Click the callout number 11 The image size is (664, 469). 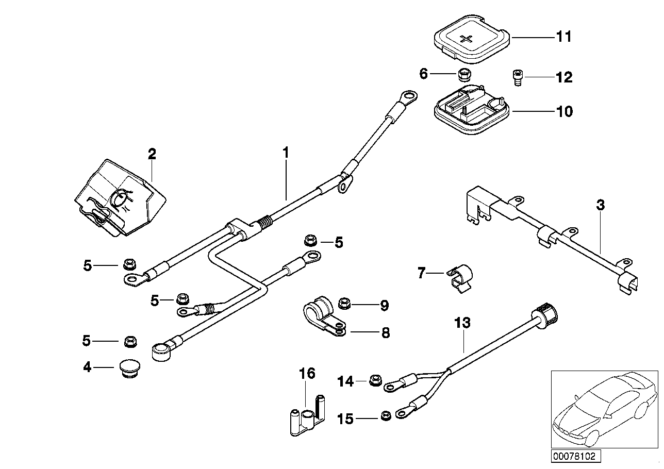[563, 37]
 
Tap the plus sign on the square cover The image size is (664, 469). [467, 39]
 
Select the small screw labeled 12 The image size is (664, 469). [517, 77]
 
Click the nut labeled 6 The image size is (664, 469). [462, 74]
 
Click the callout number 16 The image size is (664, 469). [307, 373]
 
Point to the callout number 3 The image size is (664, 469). [600, 205]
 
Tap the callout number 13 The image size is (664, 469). [462, 323]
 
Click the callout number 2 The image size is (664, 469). [152, 154]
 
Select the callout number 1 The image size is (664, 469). [286, 153]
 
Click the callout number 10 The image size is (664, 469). [563, 111]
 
